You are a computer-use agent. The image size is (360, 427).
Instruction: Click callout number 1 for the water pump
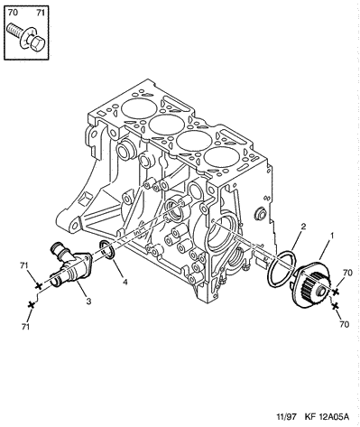coord(332,237)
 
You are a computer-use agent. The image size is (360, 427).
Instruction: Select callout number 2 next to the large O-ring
coord(303,227)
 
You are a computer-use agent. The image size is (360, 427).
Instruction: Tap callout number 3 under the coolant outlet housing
coord(88,301)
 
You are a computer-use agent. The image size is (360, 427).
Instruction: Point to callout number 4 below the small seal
coord(125,282)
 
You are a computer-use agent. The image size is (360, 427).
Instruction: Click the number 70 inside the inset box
coord(13,13)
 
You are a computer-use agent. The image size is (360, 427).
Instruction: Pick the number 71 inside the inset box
coord(41,13)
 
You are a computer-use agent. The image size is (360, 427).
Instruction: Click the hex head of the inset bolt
coord(37,44)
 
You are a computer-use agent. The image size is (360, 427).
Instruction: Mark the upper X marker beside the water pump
coord(336,291)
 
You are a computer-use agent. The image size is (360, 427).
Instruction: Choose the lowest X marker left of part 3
coord(31,304)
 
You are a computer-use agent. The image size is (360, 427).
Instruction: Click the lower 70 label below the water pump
coord(345,324)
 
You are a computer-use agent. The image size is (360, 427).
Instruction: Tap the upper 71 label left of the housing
coord(24,265)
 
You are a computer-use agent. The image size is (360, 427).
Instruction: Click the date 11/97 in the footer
coord(286,417)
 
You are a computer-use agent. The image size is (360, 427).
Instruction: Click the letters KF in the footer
coord(309,417)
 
